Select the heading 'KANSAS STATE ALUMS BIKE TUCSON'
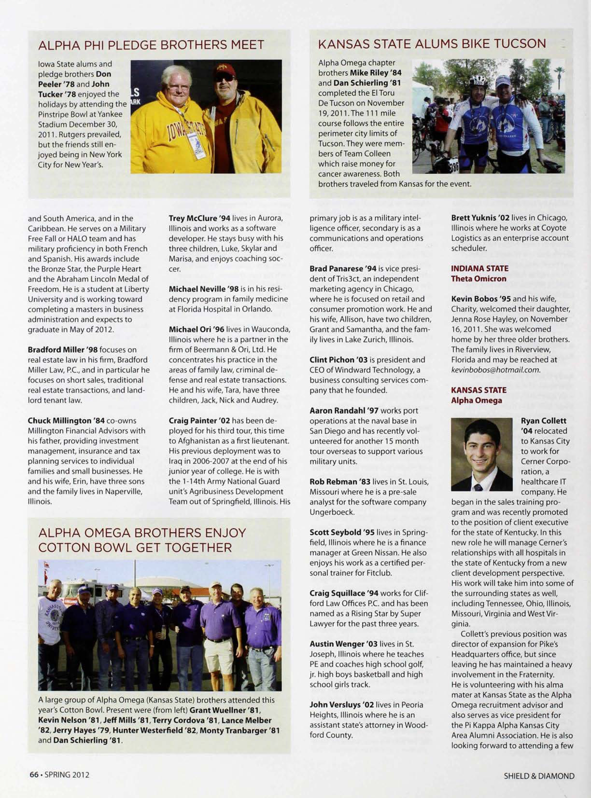[x=432, y=44]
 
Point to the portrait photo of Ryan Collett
[x=482, y=454]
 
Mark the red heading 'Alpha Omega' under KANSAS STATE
[x=476, y=400]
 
